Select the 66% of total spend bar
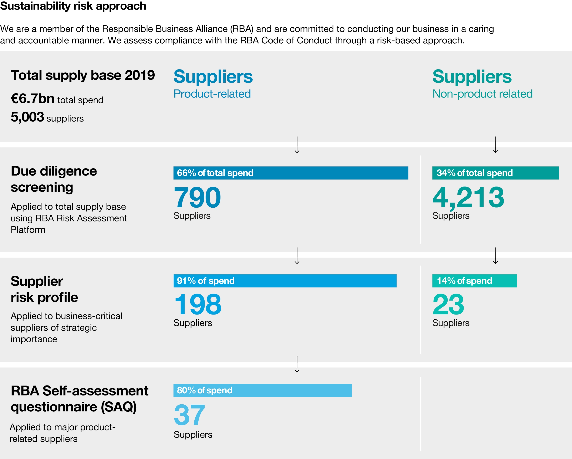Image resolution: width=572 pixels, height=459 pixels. pos(290,173)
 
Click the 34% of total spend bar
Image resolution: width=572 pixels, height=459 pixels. pos(495,173)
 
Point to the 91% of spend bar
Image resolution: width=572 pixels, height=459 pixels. pos(285,281)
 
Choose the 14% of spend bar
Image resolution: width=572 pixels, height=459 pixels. pos(474,281)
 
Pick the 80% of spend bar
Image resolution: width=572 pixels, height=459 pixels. pos(262,390)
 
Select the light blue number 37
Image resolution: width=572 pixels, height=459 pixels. pos(189,415)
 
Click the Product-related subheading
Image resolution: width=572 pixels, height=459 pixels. pos(212,94)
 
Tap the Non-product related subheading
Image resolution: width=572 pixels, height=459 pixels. pos(482,94)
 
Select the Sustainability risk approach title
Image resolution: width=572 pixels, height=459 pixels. pos(73,6)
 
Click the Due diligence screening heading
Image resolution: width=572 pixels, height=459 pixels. pos(54,179)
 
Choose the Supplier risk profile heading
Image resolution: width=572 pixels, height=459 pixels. pos(44,289)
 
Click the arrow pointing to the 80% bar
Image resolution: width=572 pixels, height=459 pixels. pos(297,364)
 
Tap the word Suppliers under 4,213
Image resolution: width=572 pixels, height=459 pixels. pos(451,215)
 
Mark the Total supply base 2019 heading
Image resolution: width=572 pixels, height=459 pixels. pos(83,75)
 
